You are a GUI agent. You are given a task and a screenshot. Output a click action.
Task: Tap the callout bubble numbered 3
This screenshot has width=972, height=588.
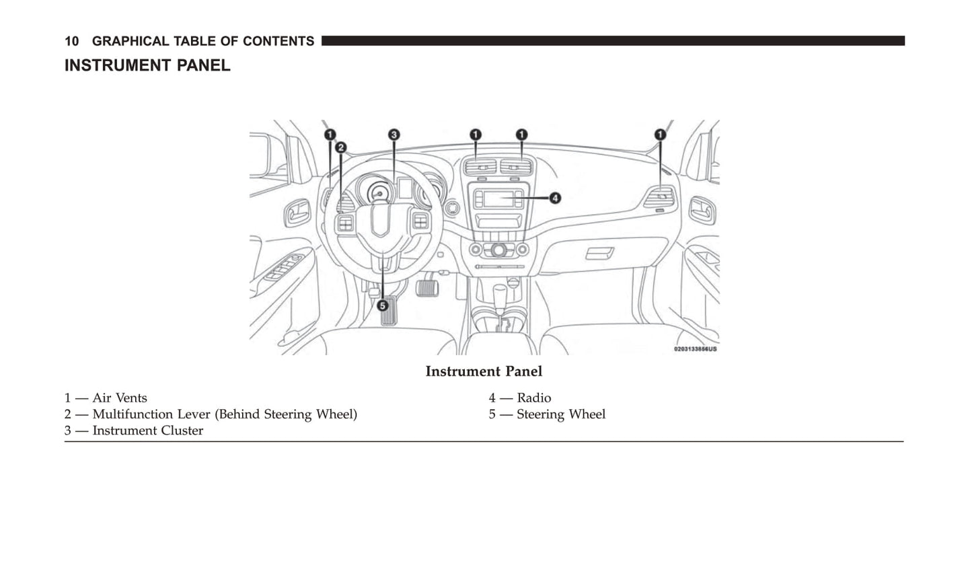(x=394, y=135)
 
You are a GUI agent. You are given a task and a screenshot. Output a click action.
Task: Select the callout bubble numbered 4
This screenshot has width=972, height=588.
(x=555, y=198)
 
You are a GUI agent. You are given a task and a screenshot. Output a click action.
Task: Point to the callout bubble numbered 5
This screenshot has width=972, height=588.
(x=382, y=305)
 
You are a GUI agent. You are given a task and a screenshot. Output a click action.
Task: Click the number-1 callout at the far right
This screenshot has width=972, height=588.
(x=661, y=135)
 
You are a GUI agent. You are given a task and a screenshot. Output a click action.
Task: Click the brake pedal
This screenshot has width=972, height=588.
(x=427, y=287)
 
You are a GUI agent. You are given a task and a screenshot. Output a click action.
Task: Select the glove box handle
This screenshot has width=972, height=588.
(x=599, y=253)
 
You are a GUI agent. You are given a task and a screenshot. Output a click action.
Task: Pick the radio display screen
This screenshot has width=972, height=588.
(x=498, y=198)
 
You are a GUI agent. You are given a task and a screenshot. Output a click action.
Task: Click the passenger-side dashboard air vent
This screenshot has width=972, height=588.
(x=659, y=198)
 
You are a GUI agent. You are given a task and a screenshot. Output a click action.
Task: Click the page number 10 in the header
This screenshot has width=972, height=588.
(x=71, y=42)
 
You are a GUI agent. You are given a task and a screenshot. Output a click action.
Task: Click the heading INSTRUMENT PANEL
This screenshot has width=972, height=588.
(x=147, y=66)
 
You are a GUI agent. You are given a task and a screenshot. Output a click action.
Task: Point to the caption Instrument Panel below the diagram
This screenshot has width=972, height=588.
(x=483, y=371)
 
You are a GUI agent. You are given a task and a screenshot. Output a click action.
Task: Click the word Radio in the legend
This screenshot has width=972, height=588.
(x=533, y=398)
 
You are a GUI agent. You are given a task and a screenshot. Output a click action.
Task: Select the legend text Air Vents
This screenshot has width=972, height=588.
(x=120, y=398)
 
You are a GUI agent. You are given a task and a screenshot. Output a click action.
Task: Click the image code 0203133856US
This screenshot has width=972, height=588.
(x=695, y=349)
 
